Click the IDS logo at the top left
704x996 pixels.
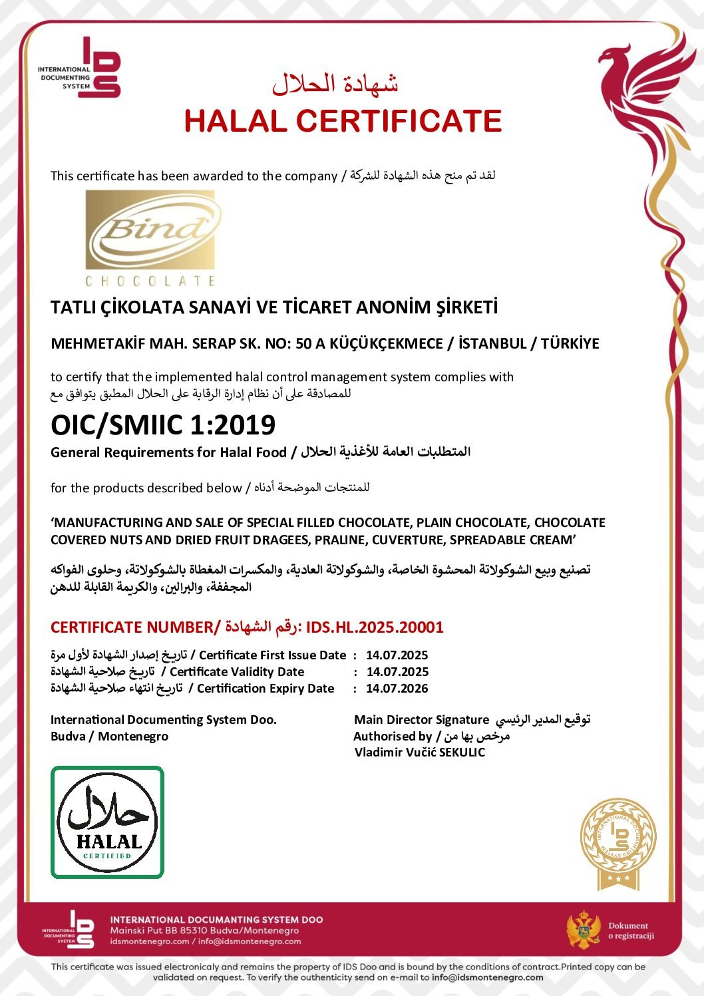tap(100, 68)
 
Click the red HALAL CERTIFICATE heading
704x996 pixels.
tap(343, 121)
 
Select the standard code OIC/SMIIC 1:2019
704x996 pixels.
tap(163, 425)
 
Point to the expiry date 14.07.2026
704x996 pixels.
tap(397, 689)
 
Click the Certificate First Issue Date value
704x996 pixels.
tap(397, 655)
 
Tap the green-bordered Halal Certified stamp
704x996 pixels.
tap(107, 822)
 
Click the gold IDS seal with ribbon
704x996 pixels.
tap(618, 843)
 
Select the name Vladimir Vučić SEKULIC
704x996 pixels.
tap(420, 752)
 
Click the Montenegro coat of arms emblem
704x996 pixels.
tap(584, 929)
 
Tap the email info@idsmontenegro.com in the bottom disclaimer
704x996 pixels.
tap(487, 977)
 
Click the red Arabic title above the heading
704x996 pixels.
tap(335, 84)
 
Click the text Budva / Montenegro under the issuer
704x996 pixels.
tap(109, 737)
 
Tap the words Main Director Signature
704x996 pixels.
tap(421, 720)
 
